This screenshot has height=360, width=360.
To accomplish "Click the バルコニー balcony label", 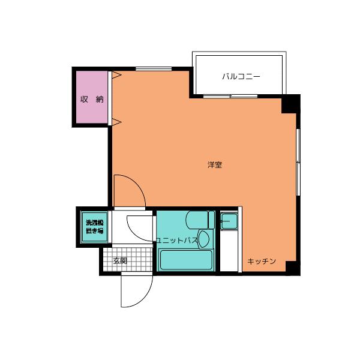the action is coord(241,76).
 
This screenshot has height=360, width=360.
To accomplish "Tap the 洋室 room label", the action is coord(215,165).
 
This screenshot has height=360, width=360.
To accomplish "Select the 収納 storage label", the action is coord(92,99).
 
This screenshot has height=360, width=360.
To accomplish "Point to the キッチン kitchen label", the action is coord(262,261).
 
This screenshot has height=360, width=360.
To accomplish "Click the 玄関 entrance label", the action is coord(120,260).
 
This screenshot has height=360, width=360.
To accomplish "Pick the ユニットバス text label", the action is coord(177,241).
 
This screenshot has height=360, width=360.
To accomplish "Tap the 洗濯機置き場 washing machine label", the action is coord(95,227).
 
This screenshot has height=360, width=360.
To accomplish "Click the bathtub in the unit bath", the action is coord(186,260).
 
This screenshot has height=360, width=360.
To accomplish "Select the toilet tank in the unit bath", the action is coord(211,220).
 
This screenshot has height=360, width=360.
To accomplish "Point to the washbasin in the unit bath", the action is coord(204,239).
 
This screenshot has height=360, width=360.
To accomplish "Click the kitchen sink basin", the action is coord(229,221).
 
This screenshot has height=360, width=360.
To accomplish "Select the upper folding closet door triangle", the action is coord(116,75).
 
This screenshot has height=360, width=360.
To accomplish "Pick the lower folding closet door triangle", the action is coord(116,122).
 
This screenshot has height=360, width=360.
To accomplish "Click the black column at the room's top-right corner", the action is coord(290,104).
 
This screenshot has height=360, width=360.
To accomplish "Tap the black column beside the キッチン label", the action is coord(293,268).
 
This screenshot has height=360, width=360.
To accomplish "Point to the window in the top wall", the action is coord(154,68).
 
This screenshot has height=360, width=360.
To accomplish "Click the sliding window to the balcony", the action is coord(230,96).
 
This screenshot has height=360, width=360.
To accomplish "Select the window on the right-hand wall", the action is coord(298,162).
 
